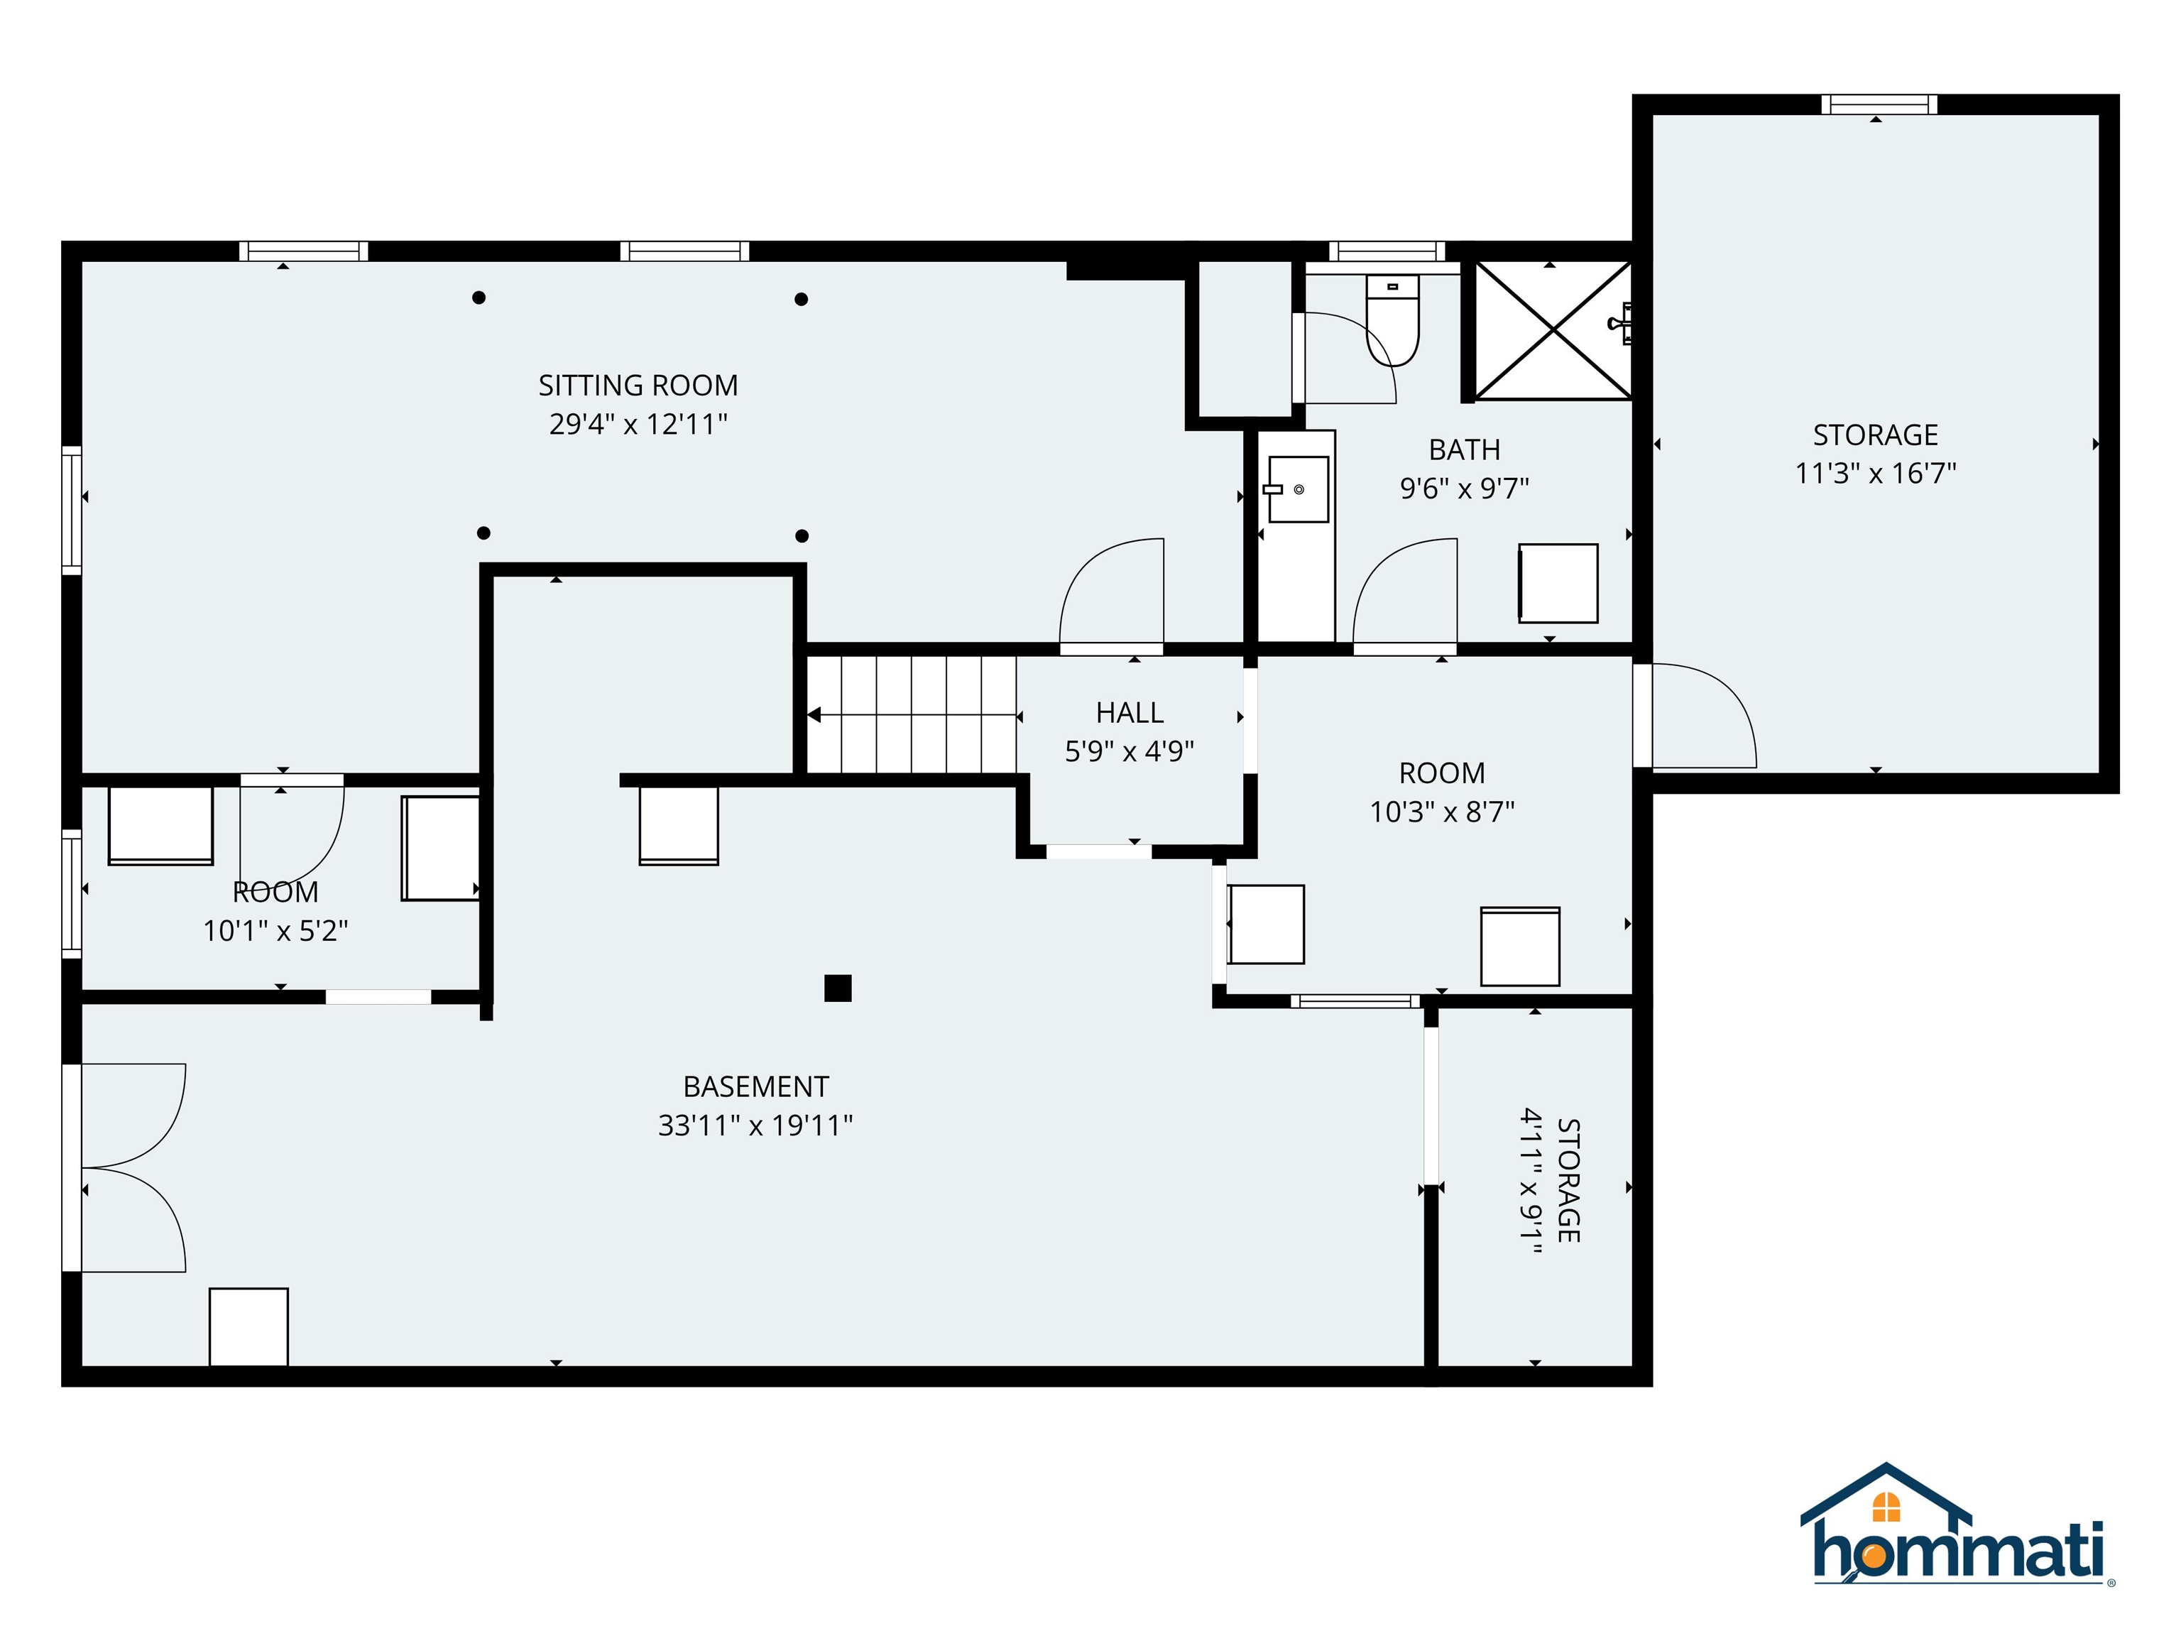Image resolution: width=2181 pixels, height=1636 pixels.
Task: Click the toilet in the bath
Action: pos(1392,320)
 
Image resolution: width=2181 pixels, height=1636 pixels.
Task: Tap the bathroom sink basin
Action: pos(1298,489)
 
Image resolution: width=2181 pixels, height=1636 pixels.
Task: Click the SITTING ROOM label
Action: pos(638,386)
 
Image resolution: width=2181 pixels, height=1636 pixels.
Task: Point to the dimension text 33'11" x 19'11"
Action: pos(755,1125)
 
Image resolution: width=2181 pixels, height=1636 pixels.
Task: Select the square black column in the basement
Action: pos(837,988)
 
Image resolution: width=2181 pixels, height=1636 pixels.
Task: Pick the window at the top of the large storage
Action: pos(1879,104)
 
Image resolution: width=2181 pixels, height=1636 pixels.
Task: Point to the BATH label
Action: pos(1464,449)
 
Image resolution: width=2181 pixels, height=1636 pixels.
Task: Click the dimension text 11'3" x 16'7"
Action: pos(1874,474)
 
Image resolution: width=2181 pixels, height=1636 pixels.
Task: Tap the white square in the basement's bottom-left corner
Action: pos(248,1326)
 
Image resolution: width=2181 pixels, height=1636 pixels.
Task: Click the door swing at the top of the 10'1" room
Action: pos(293,829)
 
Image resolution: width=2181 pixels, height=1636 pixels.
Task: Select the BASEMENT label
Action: pos(755,1086)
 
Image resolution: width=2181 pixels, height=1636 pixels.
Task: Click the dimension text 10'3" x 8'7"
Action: pos(1441,812)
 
